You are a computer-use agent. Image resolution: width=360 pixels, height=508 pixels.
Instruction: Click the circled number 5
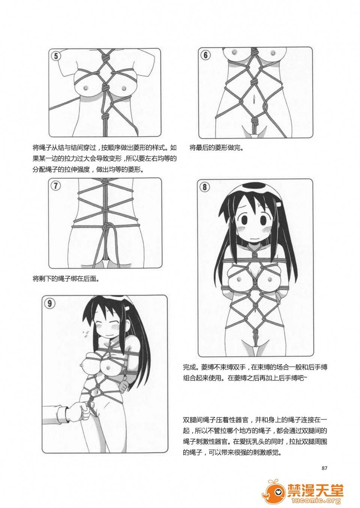click(56, 56)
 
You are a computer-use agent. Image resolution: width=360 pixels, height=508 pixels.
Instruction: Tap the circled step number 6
click(205, 55)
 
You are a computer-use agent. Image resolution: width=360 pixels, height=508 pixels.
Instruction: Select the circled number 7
click(56, 186)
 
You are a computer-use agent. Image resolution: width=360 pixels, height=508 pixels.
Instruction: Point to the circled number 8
click(204, 187)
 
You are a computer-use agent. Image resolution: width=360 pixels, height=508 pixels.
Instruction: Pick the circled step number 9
click(50, 303)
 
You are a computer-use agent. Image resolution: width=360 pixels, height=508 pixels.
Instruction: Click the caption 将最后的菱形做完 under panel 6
click(216, 148)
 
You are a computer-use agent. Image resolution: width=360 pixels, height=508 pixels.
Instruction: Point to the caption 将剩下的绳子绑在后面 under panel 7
click(66, 278)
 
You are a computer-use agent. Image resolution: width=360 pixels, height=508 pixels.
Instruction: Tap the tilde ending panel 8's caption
click(305, 378)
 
